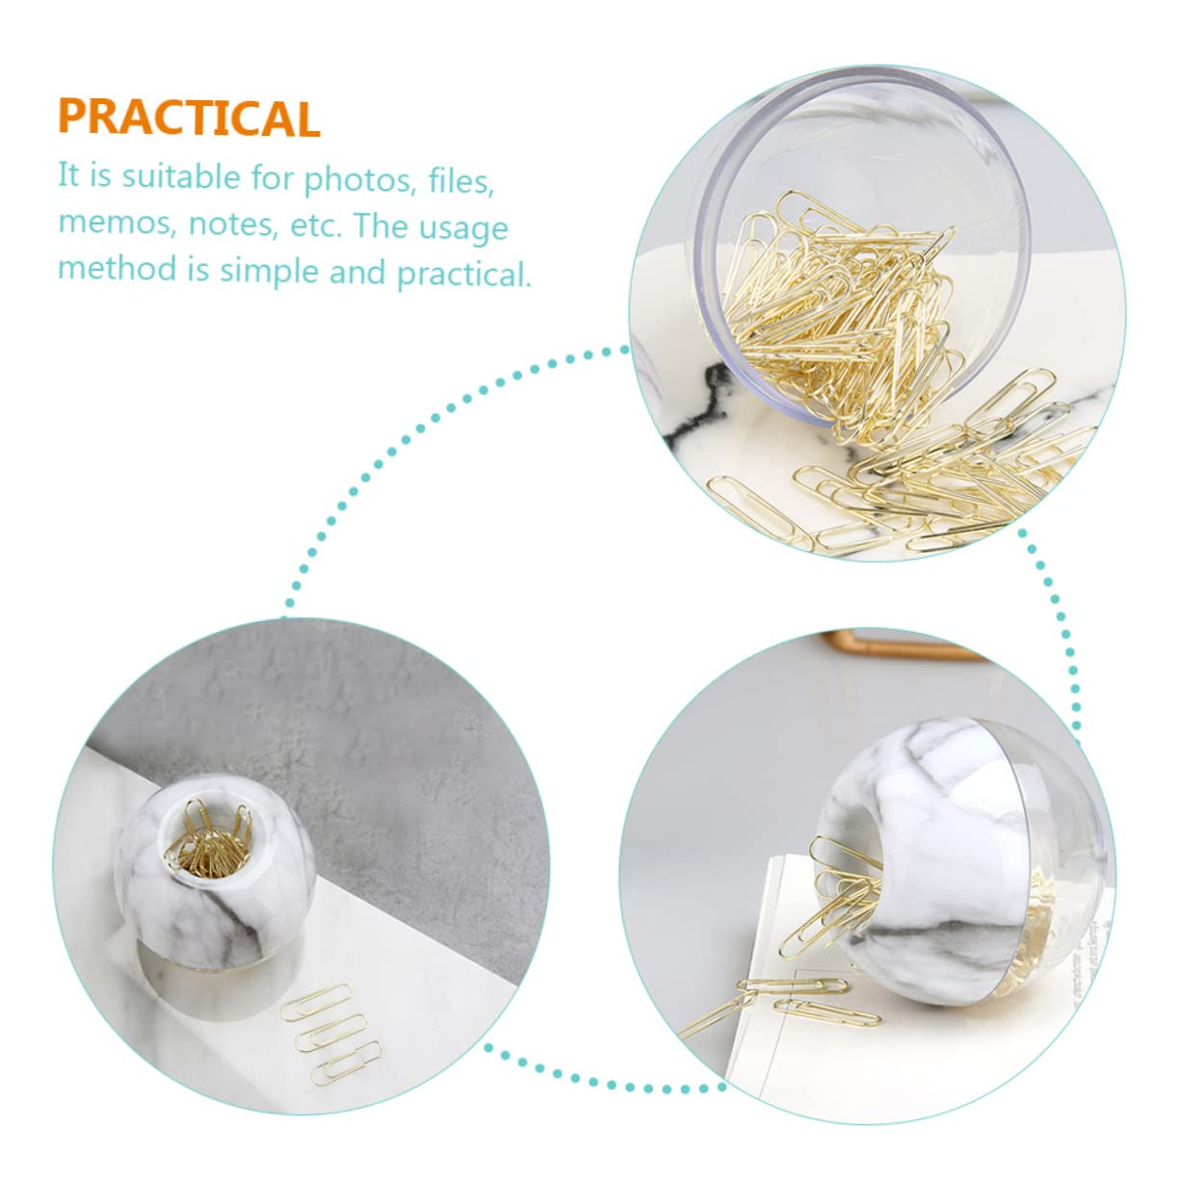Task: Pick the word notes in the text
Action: (x=229, y=224)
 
